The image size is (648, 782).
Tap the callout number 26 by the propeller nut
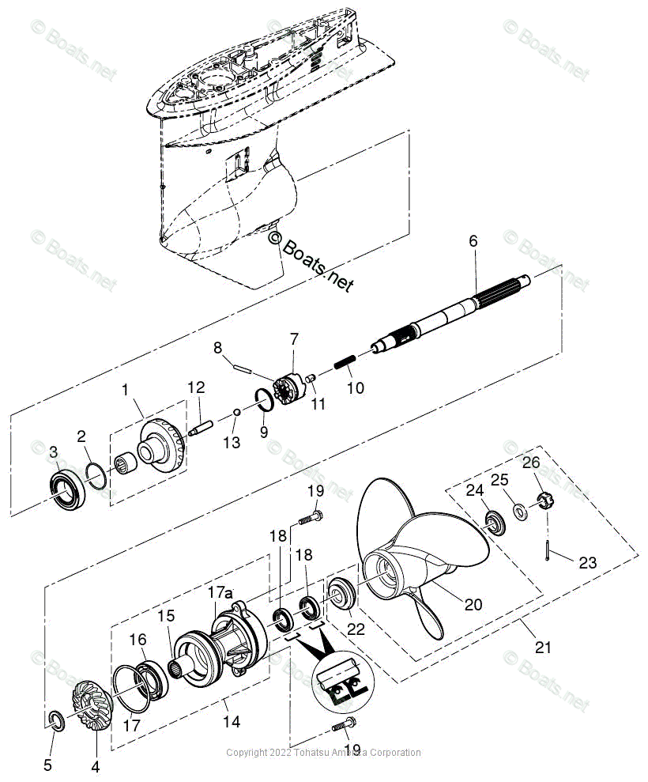tap(531, 462)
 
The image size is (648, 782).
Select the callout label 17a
tap(220, 591)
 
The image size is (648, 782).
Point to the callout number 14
tap(232, 721)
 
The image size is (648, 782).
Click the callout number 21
tap(542, 647)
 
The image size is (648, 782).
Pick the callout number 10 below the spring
tap(356, 388)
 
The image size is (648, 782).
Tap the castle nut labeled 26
tap(543, 500)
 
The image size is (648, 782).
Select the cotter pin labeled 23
tap(546, 549)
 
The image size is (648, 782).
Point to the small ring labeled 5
tap(54, 719)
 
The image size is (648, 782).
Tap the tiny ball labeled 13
tap(238, 412)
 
